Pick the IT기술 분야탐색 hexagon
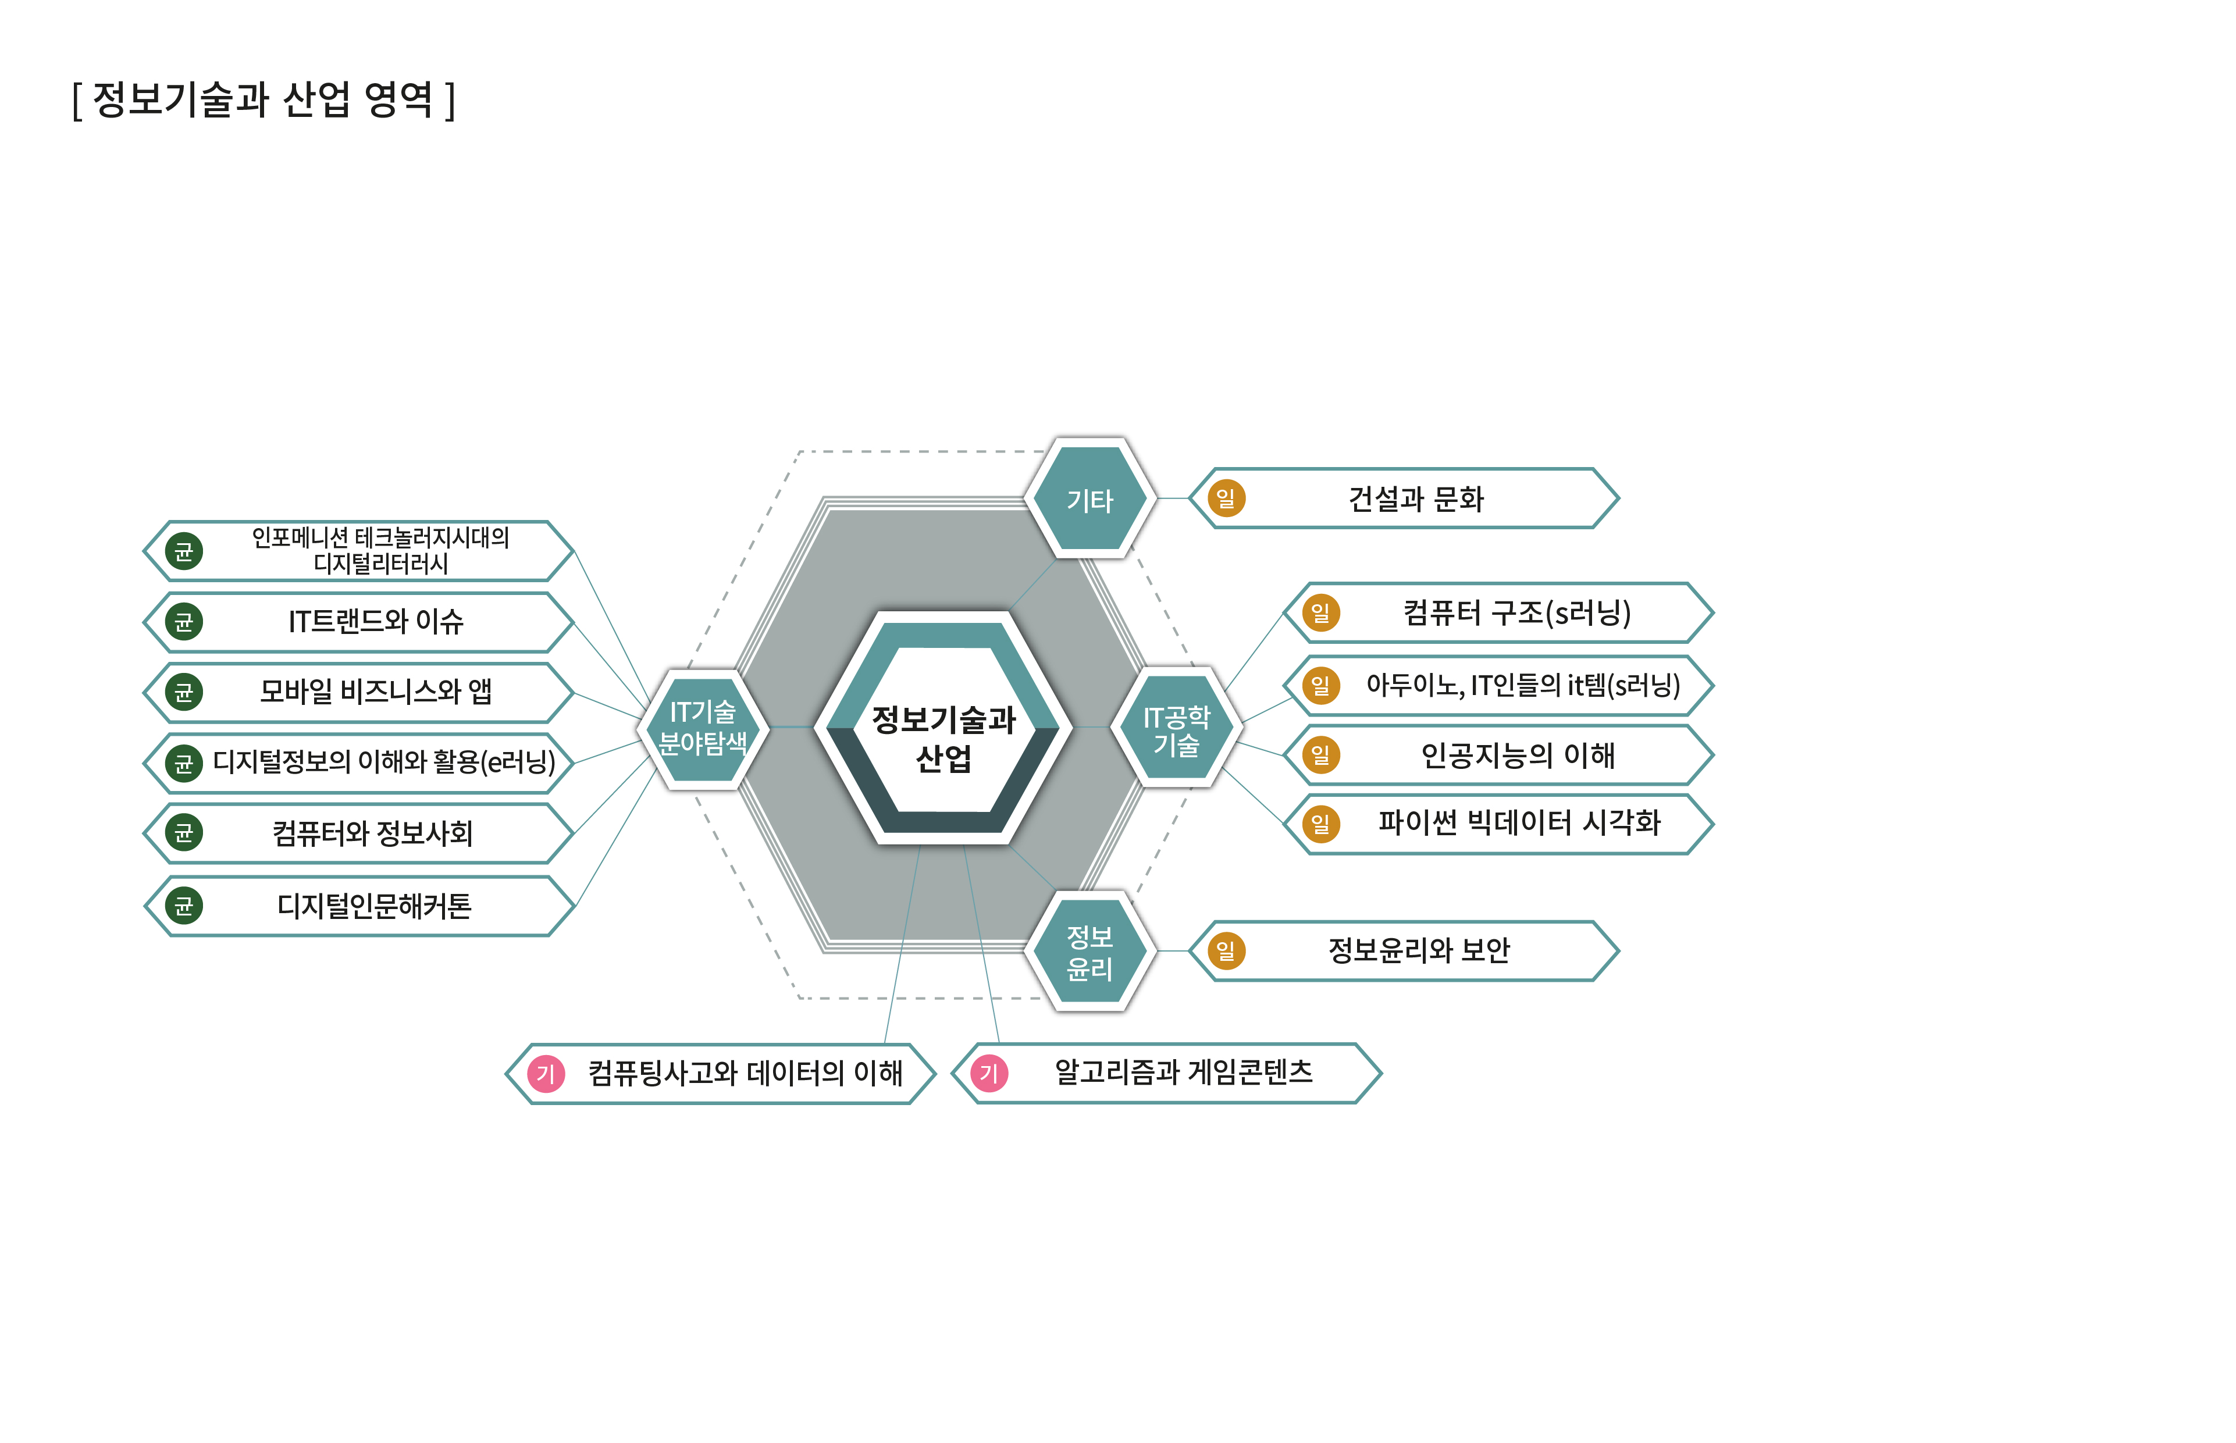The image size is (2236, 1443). [703, 727]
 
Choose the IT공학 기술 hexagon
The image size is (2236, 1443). [1176, 728]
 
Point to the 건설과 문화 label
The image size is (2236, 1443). [1415, 498]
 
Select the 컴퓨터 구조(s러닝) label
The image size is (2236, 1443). [1516, 613]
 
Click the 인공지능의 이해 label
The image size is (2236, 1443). [1517, 754]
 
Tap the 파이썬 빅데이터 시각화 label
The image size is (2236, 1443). [1518, 822]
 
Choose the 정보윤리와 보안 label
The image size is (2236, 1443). [1418, 950]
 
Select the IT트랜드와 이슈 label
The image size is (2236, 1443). [375, 621]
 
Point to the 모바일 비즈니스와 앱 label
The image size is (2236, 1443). [375, 692]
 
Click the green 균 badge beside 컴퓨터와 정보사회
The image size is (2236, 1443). [184, 832]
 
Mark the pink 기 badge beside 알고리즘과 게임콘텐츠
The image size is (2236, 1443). [989, 1073]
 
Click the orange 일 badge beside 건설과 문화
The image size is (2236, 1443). [1226, 498]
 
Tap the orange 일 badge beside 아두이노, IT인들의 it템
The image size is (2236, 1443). [1320, 685]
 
